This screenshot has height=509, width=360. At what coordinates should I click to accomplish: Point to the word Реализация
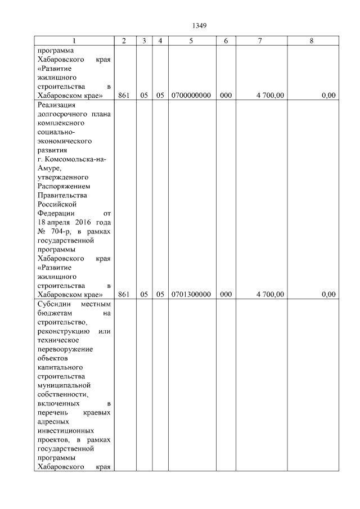tap(56, 105)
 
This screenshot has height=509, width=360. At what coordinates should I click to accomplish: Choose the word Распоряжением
tap(63, 186)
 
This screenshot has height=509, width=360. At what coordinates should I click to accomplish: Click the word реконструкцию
tap(64, 331)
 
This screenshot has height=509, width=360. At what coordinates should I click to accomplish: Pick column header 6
tap(226, 41)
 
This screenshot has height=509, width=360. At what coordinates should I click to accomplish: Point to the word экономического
tap(64, 141)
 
